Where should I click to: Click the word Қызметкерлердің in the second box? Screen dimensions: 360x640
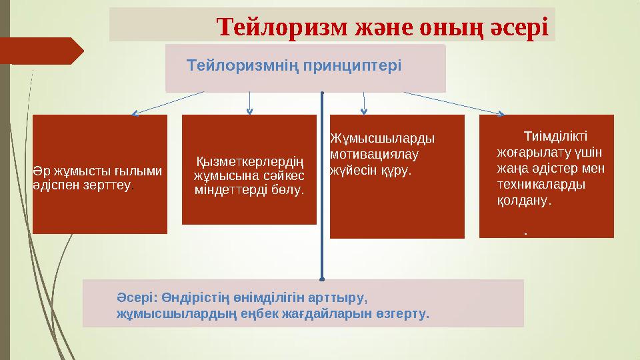(x=249, y=162)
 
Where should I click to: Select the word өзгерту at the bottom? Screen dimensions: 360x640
(x=404, y=312)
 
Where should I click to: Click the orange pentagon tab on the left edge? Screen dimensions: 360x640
(x=40, y=51)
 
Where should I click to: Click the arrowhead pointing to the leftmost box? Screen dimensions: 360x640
(x=134, y=113)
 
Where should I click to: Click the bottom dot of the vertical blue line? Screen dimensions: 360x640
(x=322, y=278)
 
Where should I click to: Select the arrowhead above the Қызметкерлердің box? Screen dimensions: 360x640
(x=249, y=111)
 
